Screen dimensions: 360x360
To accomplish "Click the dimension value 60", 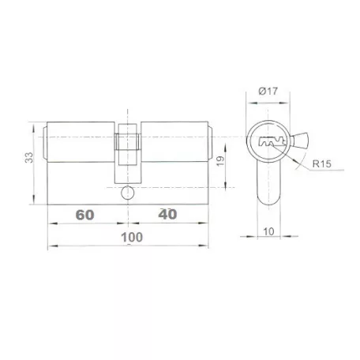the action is [84, 215].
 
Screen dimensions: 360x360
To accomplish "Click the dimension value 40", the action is [167, 215].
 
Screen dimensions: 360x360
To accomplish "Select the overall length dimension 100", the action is [132, 238].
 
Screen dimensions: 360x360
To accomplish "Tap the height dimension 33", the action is [29, 157].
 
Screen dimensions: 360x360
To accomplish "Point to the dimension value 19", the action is [220, 161].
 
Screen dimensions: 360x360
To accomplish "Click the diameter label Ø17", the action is [268, 91].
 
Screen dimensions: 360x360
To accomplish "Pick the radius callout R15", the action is [321, 163].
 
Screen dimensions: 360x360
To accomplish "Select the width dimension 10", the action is [268, 231].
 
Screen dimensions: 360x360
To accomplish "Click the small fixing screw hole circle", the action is [127, 193].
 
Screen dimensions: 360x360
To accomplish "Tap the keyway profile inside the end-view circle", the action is [272, 142].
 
